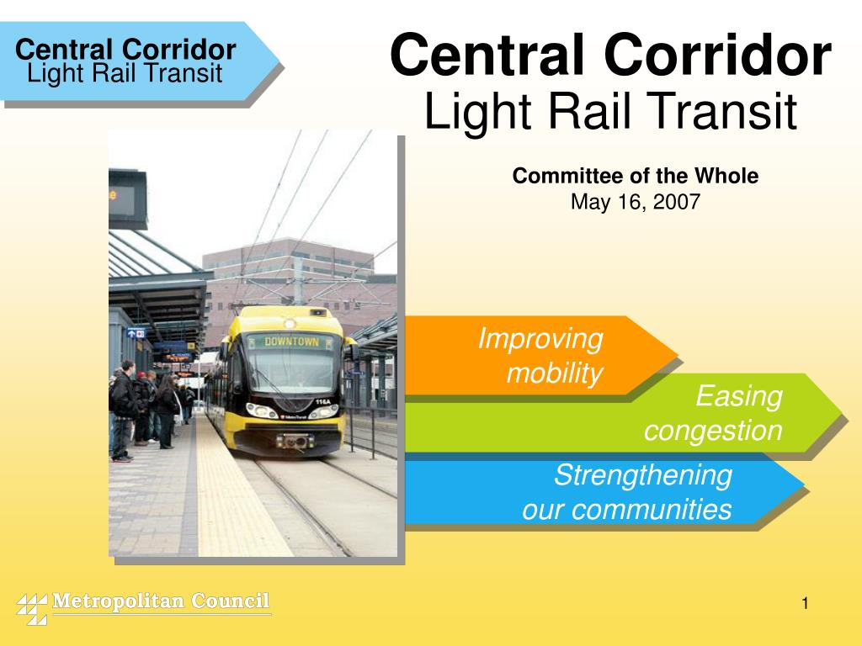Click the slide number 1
[805, 603]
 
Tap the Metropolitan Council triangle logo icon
[32, 608]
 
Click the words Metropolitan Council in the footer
[161, 601]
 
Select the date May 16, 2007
[636, 202]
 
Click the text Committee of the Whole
[636, 176]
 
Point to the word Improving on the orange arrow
[540, 339]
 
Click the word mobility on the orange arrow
[554, 374]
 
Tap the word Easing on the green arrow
[739, 396]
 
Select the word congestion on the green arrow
[713, 431]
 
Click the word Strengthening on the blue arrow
[642, 475]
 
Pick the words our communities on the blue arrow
[626, 510]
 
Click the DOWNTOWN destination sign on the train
[292, 342]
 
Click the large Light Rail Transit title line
[609, 113]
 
